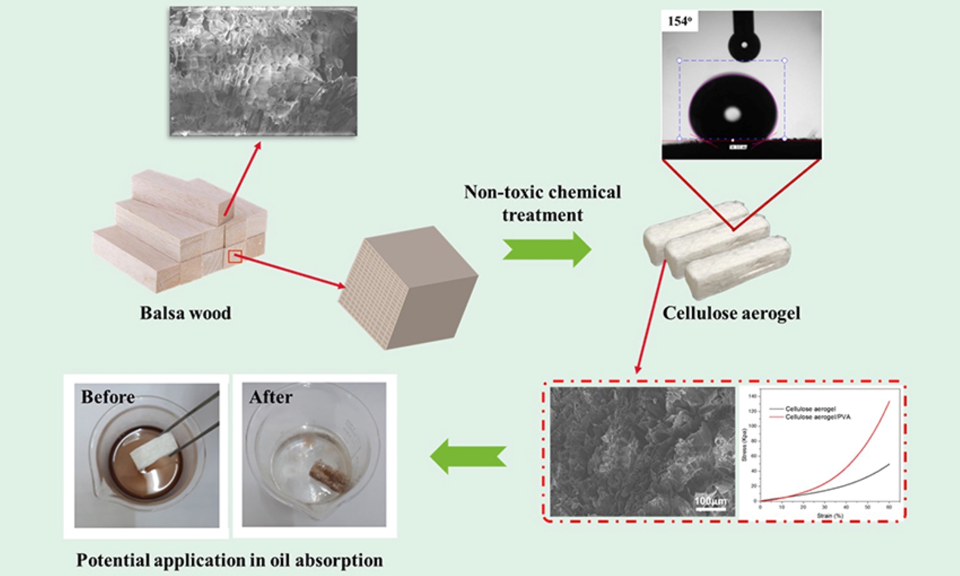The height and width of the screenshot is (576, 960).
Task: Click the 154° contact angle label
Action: (x=680, y=21)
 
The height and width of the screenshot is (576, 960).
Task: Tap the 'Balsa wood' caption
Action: (x=186, y=314)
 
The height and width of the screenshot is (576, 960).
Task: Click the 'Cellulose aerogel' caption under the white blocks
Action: (x=731, y=314)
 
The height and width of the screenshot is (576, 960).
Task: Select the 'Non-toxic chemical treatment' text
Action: (x=543, y=204)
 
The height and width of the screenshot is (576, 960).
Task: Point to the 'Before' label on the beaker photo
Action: (x=108, y=397)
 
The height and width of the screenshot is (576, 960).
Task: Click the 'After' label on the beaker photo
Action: (x=271, y=397)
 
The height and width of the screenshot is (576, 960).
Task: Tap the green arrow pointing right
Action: (x=547, y=249)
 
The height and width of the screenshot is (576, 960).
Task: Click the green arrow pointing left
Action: (x=468, y=457)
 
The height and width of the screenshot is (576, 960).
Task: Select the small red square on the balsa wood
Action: (x=235, y=257)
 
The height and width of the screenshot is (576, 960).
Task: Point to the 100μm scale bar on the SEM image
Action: (x=710, y=502)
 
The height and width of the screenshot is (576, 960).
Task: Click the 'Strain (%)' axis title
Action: (x=830, y=515)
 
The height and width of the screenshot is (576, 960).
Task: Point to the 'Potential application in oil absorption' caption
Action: (x=229, y=561)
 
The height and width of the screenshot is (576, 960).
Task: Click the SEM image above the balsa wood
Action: (x=263, y=72)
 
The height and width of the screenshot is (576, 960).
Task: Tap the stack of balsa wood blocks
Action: (x=179, y=230)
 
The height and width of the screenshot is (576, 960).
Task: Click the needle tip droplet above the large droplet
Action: (x=744, y=45)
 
